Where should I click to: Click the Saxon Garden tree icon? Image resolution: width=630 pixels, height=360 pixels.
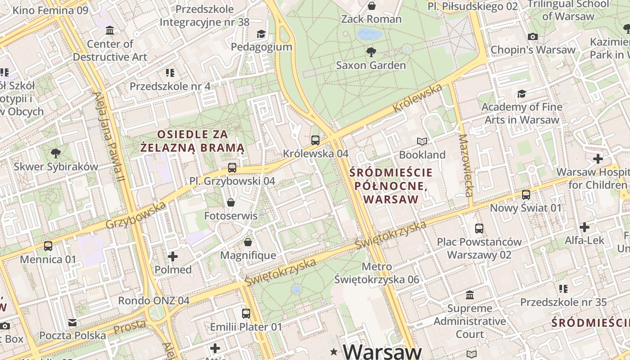point(371,52)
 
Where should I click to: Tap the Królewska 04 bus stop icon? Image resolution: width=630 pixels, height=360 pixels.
point(315,140)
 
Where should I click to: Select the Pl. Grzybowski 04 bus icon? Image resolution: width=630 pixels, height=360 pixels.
point(232,168)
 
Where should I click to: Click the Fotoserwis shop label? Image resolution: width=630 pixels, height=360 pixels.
point(231,216)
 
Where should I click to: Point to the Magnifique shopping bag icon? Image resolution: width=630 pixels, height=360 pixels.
point(248,243)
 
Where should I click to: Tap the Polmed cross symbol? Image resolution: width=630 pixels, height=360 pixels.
point(173,256)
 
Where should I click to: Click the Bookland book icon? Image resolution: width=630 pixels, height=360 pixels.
point(422,142)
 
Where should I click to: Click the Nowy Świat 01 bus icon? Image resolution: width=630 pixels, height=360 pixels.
point(526,195)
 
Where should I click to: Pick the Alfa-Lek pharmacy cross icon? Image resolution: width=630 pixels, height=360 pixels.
point(584,227)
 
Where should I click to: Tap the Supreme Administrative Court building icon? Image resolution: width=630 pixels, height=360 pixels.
point(470,295)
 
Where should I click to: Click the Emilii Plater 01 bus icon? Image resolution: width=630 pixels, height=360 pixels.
point(246,314)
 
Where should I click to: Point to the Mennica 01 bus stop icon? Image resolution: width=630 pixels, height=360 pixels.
point(48,246)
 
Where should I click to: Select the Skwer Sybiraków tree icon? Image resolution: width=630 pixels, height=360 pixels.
point(56,153)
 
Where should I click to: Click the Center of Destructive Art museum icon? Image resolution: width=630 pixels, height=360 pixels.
point(110,31)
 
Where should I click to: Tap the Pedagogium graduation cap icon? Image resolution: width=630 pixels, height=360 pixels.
point(261,34)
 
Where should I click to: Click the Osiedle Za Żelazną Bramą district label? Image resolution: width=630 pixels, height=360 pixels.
point(192,140)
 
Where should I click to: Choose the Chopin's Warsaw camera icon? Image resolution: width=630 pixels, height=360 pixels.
point(533,36)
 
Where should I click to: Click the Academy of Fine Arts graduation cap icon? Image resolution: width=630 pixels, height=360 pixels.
point(522,94)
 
